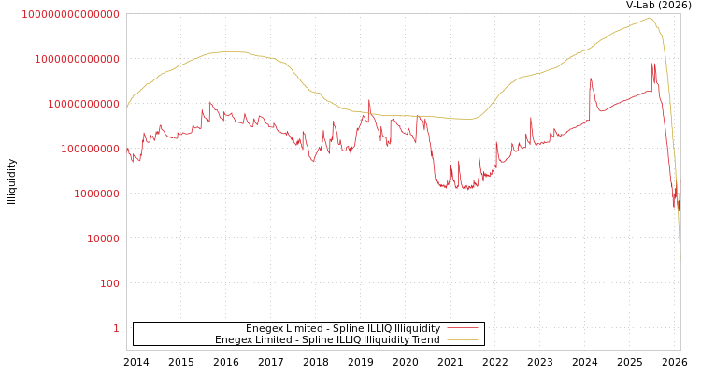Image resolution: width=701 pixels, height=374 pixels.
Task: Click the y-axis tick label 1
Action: coord(116,328)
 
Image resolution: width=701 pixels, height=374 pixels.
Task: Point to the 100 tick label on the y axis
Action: coord(109,283)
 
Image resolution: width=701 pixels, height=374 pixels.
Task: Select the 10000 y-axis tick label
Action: coord(103,238)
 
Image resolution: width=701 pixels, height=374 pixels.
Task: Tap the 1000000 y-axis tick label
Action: coord(96,194)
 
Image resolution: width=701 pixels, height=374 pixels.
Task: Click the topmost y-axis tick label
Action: coord(70,14)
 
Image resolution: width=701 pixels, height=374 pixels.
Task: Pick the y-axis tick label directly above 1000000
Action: coord(90,149)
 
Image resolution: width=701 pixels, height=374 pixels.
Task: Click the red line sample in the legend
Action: coord(463,328)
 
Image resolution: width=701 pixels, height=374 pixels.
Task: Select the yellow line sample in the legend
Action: coord(463,339)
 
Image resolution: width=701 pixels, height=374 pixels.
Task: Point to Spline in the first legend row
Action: coord(351,328)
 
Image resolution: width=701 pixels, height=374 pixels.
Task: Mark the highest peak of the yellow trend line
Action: coord(648,18)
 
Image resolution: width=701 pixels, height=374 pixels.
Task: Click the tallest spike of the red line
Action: coord(653,64)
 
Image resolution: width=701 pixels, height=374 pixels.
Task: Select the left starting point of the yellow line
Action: coord(127,108)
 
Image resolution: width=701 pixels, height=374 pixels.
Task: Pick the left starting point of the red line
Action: coord(127,148)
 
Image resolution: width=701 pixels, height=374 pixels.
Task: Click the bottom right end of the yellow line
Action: coord(680,259)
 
